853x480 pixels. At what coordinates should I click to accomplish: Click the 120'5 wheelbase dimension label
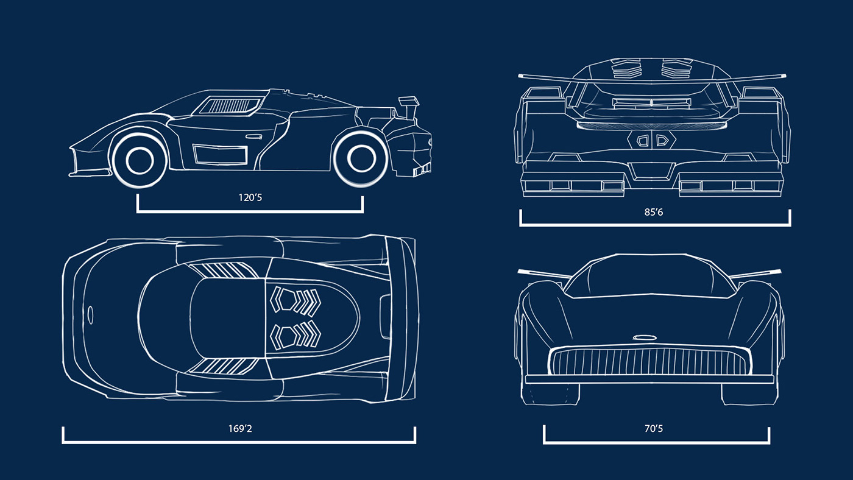coord(250,198)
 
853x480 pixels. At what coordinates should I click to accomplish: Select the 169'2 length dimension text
coord(240,428)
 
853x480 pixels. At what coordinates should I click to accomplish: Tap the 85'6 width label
coord(655,213)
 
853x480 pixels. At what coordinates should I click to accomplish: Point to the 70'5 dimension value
coord(654,429)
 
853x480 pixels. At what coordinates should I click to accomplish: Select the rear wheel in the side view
coord(359,158)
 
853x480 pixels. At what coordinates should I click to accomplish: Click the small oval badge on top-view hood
coord(90,314)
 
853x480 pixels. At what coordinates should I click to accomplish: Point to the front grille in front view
coord(649,361)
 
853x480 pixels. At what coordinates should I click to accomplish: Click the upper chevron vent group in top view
coord(297,300)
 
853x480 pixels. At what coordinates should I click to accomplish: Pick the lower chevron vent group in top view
coord(297,334)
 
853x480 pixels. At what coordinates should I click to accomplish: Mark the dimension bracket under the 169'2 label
coord(239,442)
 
